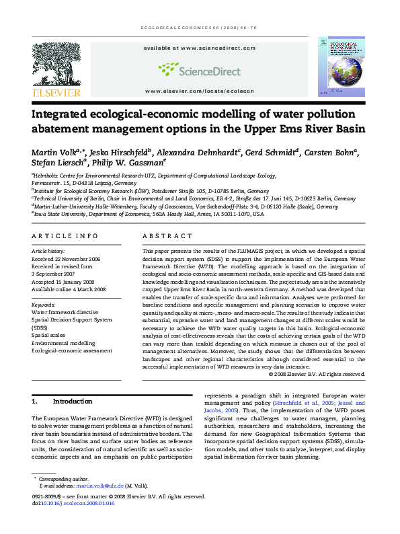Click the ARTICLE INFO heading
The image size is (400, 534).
65,236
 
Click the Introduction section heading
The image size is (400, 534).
72,402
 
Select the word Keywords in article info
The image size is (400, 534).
44,305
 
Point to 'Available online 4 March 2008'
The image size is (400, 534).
69,289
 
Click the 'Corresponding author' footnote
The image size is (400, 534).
60,478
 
